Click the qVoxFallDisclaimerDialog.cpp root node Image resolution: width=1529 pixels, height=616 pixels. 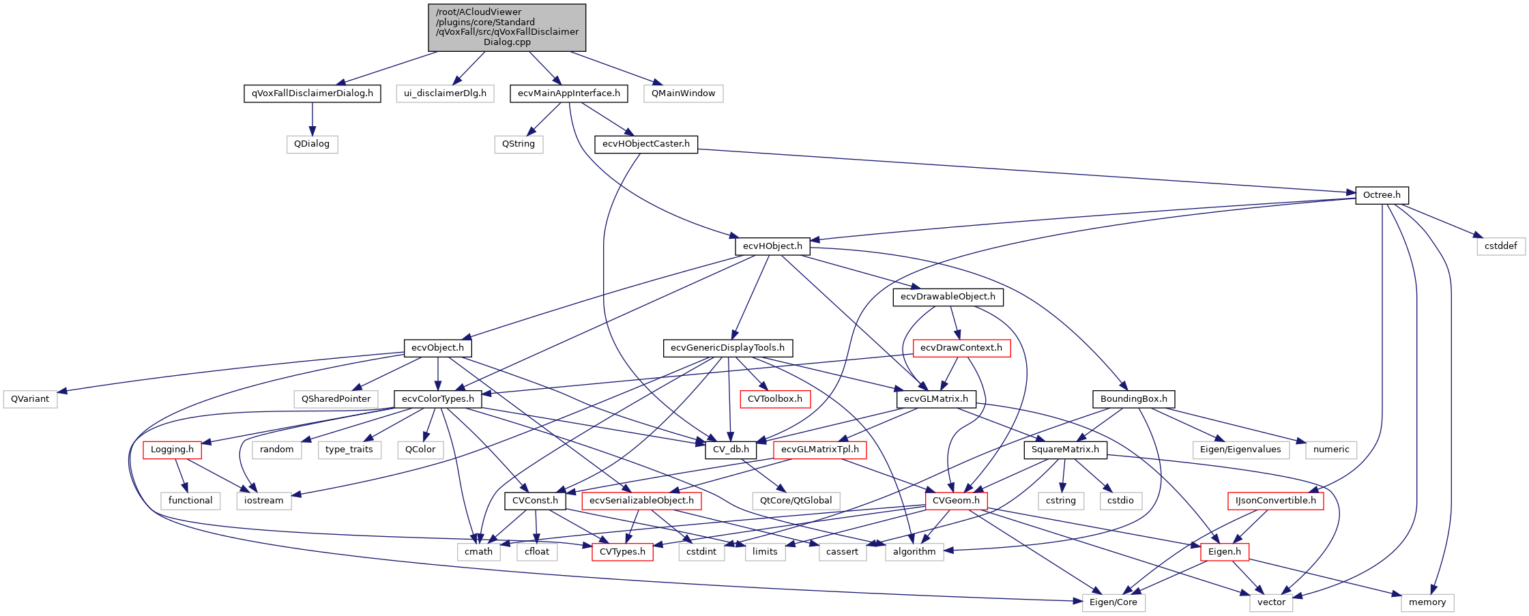(507, 27)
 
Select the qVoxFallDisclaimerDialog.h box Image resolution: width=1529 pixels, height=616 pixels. (312, 93)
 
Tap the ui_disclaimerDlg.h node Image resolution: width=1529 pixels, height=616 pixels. (445, 93)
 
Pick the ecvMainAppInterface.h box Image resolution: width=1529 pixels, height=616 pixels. (568, 93)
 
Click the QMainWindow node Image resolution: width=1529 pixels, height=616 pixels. (683, 93)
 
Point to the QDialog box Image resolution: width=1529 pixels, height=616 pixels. (312, 144)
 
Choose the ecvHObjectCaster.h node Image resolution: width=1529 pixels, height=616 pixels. (645, 144)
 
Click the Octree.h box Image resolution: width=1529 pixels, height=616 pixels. (1381, 195)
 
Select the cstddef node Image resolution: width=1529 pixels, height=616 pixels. (1500, 246)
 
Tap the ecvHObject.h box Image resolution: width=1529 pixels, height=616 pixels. (772, 246)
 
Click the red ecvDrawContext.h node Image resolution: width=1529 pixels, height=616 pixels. (961, 348)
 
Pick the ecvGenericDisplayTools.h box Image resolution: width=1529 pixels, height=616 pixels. (727, 348)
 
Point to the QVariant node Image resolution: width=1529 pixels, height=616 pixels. (30, 399)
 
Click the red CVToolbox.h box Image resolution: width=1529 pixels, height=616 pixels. (774, 399)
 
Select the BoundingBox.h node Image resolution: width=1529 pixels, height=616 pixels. (1133, 399)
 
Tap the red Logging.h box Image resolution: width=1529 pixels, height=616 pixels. (172, 450)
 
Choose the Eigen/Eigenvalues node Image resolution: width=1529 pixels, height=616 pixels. (1240, 450)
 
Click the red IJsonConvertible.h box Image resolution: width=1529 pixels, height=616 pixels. (1275, 501)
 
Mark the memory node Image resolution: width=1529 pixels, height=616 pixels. (1427, 602)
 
